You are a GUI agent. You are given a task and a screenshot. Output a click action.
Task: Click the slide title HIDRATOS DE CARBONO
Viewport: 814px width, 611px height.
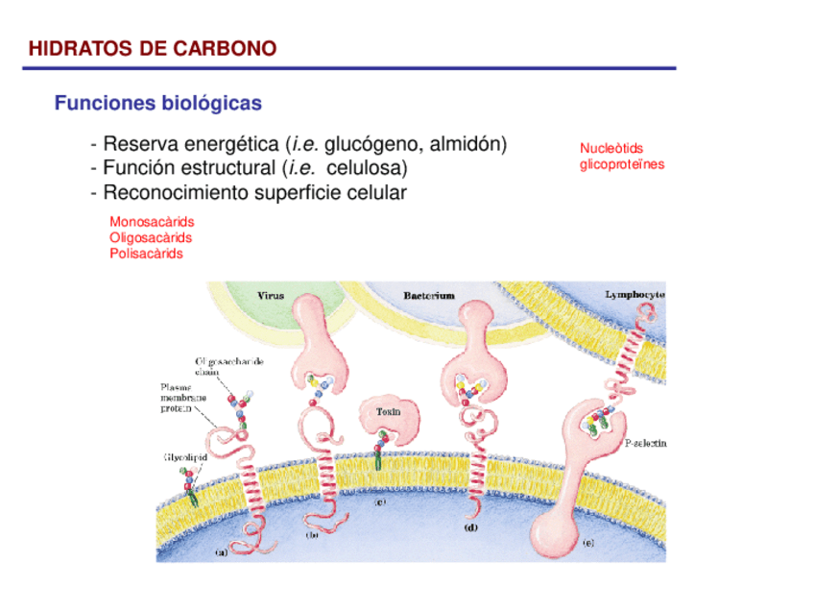click(x=152, y=48)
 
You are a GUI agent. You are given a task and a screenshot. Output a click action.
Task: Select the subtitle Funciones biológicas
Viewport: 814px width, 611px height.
click(x=157, y=103)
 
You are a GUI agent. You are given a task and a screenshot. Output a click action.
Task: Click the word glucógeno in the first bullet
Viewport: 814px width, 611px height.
click(x=371, y=145)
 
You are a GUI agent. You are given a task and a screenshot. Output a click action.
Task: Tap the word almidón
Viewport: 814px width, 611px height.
click(x=467, y=145)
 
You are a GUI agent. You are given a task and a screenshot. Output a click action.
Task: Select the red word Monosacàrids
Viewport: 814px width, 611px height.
click(x=152, y=222)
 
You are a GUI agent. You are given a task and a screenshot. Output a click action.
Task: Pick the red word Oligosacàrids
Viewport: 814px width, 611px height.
click(x=151, y=237)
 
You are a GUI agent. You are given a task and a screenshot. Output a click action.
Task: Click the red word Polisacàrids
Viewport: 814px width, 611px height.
click(x=146, y=254)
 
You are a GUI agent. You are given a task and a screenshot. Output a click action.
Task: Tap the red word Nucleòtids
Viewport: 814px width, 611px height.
click(x=611, y=148)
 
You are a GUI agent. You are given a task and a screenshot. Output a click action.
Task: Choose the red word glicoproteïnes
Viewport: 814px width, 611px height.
click(x=621, y=164)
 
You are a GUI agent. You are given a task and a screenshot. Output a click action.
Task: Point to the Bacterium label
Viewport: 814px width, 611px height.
click(x=428, y=296)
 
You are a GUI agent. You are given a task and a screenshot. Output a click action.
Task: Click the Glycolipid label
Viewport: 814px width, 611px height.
click(x=182, y=457)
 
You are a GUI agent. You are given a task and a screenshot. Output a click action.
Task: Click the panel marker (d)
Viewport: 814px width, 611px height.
click(x=471, y=527)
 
